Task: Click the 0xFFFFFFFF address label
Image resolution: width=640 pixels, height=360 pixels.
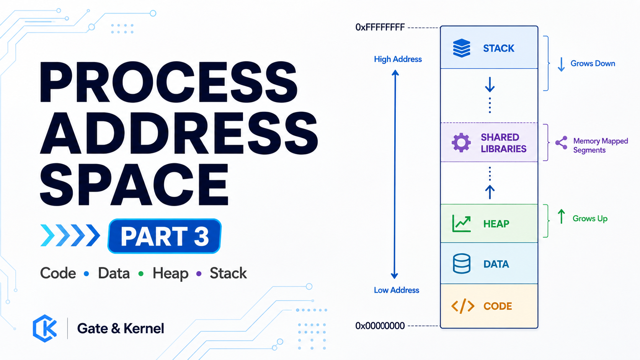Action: (x=380, y=28)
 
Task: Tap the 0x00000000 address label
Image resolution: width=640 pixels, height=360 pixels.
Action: (x=380, y=326)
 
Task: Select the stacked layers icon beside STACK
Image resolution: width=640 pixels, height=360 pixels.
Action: (x=461, y=48)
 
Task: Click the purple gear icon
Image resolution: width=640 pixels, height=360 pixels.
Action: (x=461, y=143)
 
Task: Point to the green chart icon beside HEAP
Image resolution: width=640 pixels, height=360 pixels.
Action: (x=461, y=224)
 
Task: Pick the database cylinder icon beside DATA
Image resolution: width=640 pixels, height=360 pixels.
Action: (x=461, y=264)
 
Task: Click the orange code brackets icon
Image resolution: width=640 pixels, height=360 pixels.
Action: (x=463, y=306)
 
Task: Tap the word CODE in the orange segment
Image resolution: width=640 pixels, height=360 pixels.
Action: (x=498, y=306)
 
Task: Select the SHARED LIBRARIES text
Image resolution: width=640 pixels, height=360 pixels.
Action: (x=503, y=143)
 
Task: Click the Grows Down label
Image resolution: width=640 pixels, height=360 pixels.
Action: (x=593, y=64)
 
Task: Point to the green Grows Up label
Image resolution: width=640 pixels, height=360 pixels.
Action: (x=590, y=219)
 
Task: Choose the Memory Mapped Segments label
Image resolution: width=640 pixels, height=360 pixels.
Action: (x=601, y=146)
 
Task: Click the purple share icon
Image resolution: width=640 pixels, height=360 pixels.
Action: (x=561, y=143)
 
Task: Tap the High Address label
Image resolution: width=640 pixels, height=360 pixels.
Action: (x=398, y=59)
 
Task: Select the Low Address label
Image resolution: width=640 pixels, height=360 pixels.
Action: (x=397, y=290)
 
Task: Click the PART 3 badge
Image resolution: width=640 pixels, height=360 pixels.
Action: (x=165, y=236)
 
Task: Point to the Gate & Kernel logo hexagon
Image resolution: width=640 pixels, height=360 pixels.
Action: (x=45, y=328)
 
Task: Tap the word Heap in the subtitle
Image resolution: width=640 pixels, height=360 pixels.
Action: (x=170, y=273)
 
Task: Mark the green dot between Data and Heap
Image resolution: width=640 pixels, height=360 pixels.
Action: (x=141, y=274)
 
